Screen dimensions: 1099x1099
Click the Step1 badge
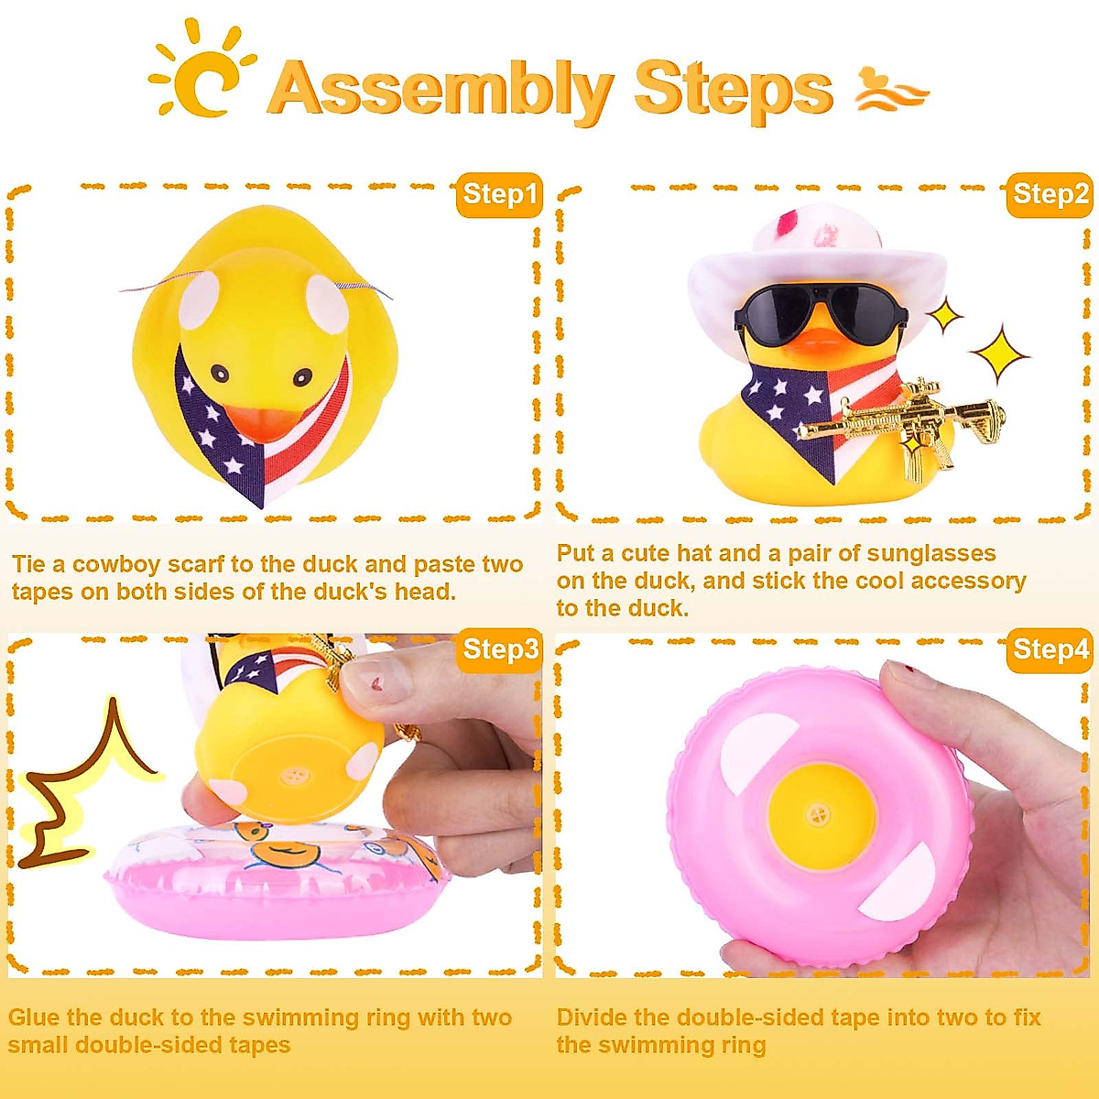pos(499,195)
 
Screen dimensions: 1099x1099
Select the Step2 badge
pos(1050,195)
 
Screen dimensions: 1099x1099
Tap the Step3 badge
pos(499,650)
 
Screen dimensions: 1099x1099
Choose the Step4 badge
pos(1050,650)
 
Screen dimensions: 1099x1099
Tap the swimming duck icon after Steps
pos(890,90)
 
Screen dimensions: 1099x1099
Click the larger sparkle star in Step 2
pos(998,354)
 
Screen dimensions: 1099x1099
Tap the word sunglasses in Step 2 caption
pos(930,553)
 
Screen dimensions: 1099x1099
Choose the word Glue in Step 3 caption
pos(34,1017)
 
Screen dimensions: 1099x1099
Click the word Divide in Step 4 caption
pos(591,1017)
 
